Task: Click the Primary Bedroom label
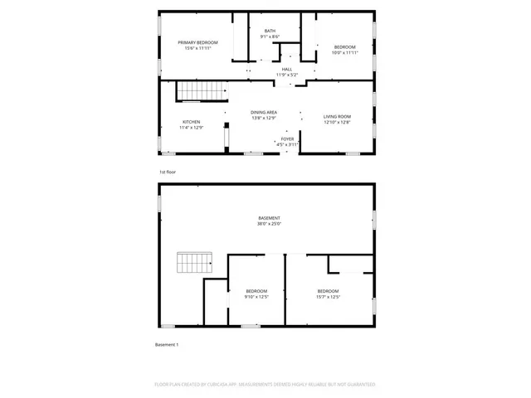click(x=197, y=42)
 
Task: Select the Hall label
click(x=287, y=70)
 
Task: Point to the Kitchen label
click(x=192, y=122)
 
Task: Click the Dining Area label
click(x=264, y=112)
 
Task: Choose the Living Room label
click(x=337, y=117)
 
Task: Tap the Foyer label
click(x=287, y=139)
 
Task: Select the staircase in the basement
click(x=195, y=265)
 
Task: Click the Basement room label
click(x=269, y=218)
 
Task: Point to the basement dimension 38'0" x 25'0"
click(x=269, y=224)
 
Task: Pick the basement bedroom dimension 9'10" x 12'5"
click(x=256, y=297)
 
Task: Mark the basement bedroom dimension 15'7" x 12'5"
click(x=329, y=297)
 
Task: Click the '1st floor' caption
click(x=168, y=172)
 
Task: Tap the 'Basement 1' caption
click(x=167, y=344)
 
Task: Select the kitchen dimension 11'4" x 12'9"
click(x=192, y=128)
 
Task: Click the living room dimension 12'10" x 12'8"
click(x=337, y=123)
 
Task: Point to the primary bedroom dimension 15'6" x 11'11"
click(x=197, y=48)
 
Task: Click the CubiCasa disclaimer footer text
click(x=265, y=385)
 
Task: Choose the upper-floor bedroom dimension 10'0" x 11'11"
click(x=344, y=53)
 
